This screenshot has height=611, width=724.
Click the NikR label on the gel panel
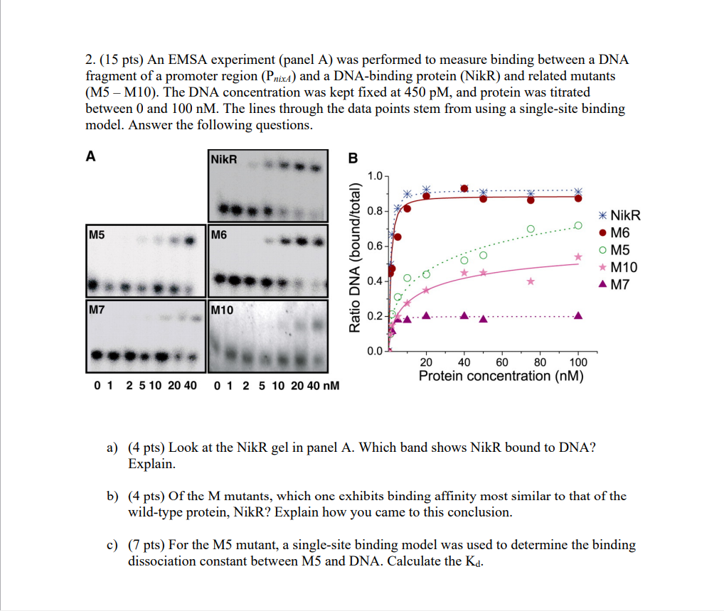coord(223,159)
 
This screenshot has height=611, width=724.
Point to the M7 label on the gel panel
coord(97,310)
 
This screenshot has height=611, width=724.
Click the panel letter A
coord(90,158)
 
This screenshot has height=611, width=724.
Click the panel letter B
coord(353,158)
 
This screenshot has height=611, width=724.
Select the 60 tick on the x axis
coord(502,362)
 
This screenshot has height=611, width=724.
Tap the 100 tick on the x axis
coord(577,362)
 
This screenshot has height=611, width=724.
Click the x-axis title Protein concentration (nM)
coord(501,376)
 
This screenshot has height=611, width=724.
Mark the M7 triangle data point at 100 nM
coord(578,315)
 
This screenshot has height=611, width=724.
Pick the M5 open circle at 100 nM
coord(578,225)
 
